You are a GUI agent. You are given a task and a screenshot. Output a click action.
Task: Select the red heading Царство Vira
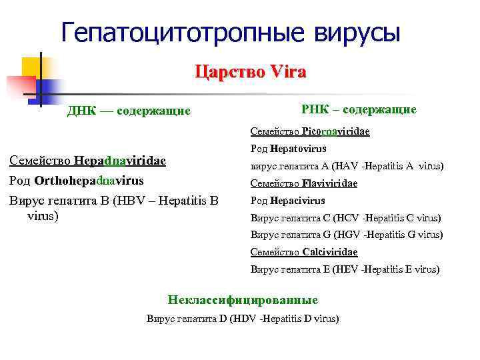[251, 71]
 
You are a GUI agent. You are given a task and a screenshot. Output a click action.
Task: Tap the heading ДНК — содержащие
[129, 111]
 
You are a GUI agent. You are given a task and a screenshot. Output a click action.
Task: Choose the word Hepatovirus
[298, 149]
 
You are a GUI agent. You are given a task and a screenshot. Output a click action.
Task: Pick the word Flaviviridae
[329, 183]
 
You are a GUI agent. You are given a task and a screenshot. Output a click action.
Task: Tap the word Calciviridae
[329, 252]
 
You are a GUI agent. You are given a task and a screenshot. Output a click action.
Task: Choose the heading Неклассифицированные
[243, 300]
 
